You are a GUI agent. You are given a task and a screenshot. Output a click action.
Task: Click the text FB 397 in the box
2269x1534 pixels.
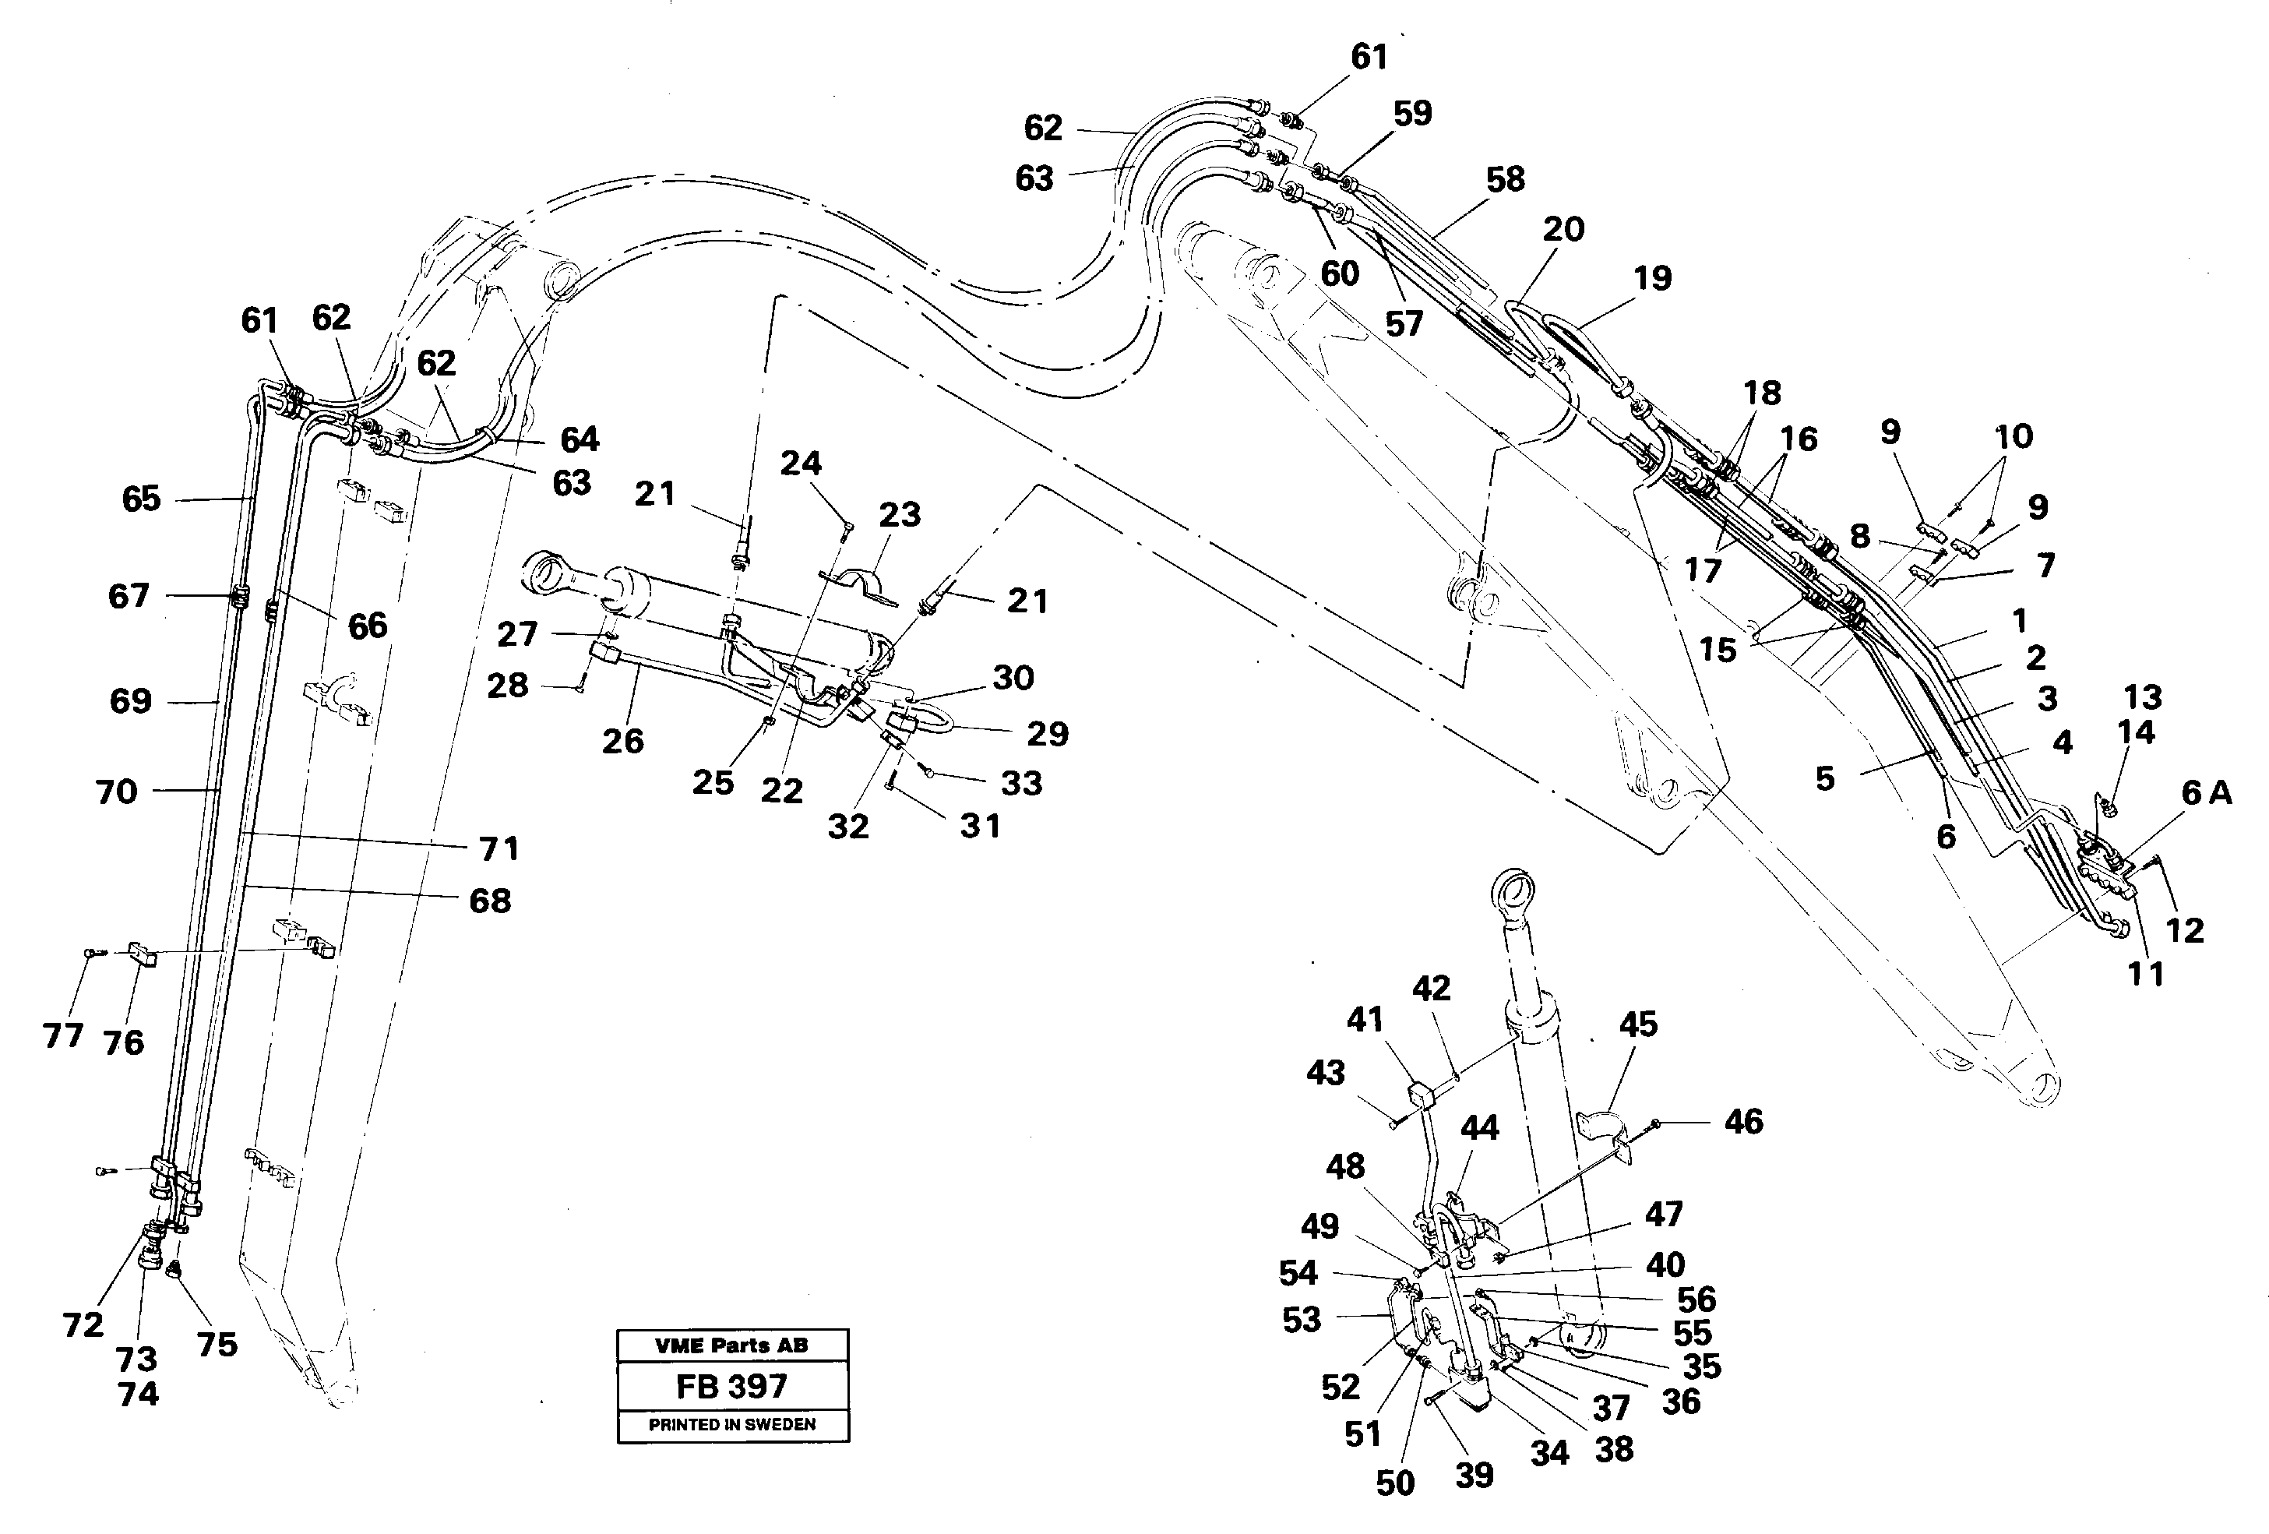point(731,1387)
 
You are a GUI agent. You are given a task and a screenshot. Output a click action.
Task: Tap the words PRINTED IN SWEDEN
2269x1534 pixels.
point(732,1425)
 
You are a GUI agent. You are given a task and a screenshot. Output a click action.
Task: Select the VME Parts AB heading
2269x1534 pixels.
point(731,1345)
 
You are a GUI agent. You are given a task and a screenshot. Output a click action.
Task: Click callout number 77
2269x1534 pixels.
point(63,1035)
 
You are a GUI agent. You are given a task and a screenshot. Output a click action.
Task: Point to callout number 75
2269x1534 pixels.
point(217,1345)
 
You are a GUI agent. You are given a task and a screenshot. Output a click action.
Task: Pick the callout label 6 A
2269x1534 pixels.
point(2207,794)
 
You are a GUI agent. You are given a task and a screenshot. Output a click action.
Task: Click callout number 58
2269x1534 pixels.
point(1505,180)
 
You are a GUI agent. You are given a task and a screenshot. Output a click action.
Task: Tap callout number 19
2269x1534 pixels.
point(1652,278)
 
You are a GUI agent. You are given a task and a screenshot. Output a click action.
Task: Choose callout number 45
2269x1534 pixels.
point(1637,1024)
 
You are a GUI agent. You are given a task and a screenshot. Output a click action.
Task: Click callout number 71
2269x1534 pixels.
point(499,848)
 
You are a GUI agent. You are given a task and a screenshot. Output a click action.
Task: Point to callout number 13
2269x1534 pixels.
point(2142,697)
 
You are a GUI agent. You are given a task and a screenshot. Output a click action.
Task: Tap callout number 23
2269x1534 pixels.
point(899,515)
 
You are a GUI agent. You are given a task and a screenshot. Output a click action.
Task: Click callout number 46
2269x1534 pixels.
point(1744,1122)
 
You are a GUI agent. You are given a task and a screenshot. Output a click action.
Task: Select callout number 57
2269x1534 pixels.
point(1404,324)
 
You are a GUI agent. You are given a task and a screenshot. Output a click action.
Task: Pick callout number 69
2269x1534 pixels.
point(131,701)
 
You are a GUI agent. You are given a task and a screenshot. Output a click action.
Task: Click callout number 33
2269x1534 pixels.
point(1021,783)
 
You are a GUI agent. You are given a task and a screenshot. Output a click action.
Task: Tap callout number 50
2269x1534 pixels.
point(1395,1483)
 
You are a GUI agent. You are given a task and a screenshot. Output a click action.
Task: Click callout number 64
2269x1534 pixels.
point(579,440)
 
